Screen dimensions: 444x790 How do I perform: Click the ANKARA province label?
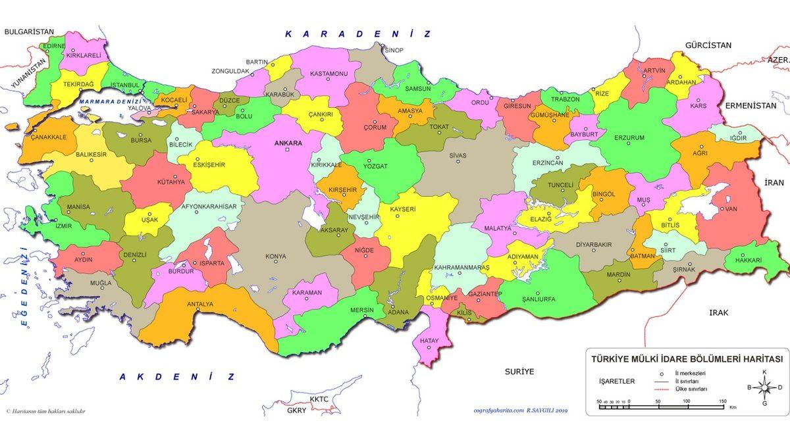tap(288, 143)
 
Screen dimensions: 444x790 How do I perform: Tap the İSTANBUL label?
tap(125, 86)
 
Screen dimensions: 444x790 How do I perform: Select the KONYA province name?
tap(275, 257)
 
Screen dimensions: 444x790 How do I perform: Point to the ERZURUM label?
tap(629, 137)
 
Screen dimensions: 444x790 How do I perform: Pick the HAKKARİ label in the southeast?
tap(749, 260)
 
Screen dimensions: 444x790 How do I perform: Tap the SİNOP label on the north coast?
tap(394, 50)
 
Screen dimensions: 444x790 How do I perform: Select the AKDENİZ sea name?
tap(176, 377)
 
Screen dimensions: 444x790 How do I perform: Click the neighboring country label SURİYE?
tap(519, 372)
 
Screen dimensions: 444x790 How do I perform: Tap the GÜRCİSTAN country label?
tap(708, 45)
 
